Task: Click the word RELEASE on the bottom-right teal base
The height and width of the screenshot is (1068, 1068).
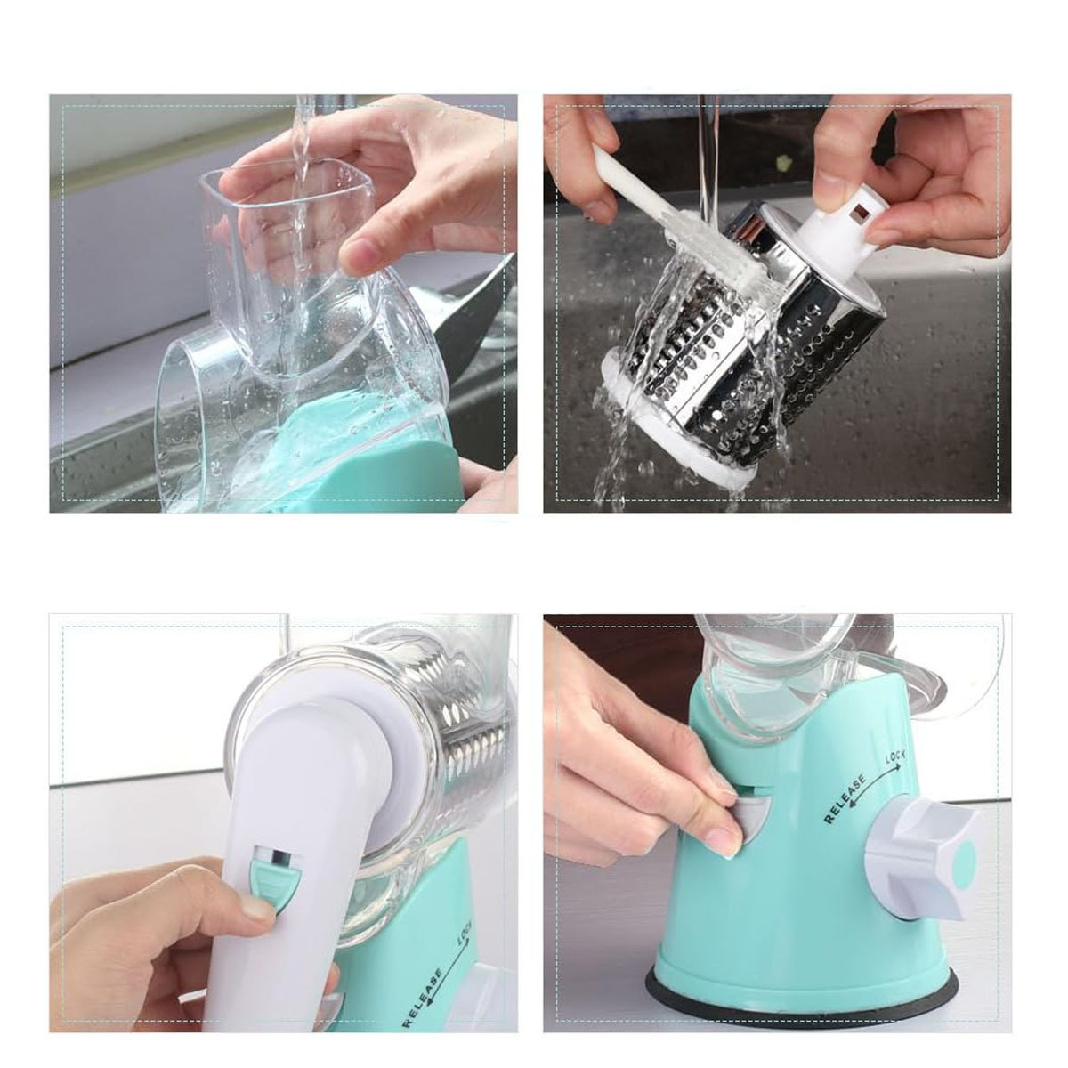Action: click(845, 798)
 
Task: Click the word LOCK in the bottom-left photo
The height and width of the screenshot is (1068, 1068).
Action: click(465, 932)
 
